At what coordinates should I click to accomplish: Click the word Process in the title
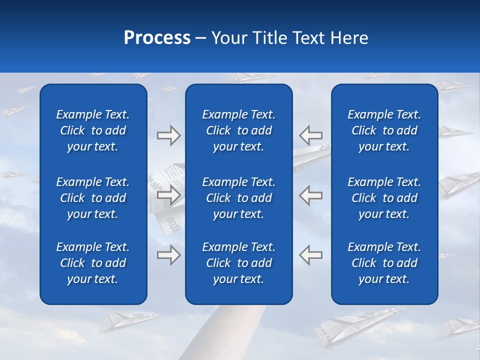[x=157, y=38]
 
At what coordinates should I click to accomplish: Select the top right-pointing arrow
[x=168, y=135]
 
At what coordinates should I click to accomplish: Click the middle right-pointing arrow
[x=168, y=195]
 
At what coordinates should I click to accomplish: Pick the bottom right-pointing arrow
[x=168, y=255]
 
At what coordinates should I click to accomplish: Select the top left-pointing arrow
[x=310, y=135]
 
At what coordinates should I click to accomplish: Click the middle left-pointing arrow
[x=310, y=195]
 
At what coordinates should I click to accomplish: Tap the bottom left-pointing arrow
[x=310, y=255]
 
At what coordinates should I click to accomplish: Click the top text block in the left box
[x=93, y=130]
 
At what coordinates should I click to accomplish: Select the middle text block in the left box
[x=93, y=198]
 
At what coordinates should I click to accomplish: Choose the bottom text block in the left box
[x=93, y=263]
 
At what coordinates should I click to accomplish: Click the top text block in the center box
[x=238, y=130]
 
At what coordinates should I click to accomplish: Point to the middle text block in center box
[x=238, y=198]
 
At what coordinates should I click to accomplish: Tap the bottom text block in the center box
[x=238, y=263]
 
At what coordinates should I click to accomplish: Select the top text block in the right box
[x=384, y=130]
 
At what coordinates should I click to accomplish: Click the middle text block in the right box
[x=384, y=198]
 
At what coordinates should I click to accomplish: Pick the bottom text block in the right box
[x=384, y=263]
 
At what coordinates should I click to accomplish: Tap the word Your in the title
[x=229, y=38]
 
